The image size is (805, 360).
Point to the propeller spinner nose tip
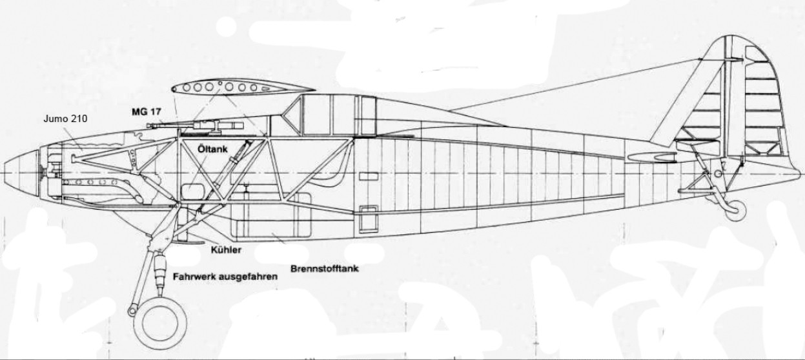click(x=5, y=174)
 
